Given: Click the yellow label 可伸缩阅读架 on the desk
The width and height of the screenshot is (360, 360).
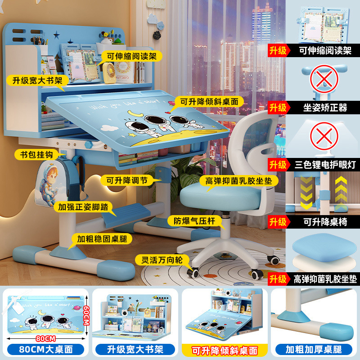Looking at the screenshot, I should (131, 58).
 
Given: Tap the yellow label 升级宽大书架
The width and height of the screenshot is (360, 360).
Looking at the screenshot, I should (38, 81).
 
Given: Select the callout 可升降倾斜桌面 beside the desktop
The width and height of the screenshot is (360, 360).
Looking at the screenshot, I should (209, 102).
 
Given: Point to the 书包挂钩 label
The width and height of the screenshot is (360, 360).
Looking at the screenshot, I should (36, 155).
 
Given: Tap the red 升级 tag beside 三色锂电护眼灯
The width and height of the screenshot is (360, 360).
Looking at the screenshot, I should (278, 165).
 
